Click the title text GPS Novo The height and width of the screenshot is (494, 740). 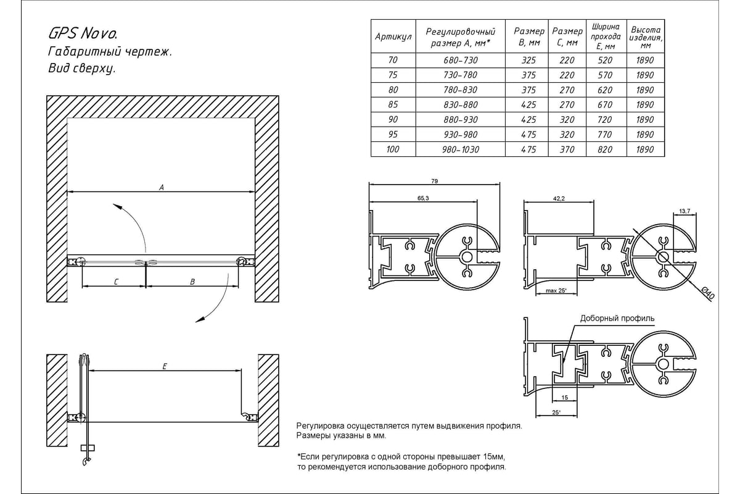[81, 32]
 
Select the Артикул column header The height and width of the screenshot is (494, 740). [393, 37]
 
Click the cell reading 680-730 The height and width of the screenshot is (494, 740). [461, 61]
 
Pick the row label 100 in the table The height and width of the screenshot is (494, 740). [393, 149]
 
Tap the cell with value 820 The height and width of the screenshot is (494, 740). [605, 149]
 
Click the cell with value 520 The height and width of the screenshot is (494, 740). [605, 61]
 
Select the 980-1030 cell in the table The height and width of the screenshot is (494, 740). [461, 149]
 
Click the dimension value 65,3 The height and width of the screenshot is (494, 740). [423, 198]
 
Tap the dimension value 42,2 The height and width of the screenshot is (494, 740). [559, 198]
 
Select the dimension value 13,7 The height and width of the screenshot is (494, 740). [684, 211]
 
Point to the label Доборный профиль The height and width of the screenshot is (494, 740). [617, 319]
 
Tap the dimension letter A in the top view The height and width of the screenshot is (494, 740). [161, 187]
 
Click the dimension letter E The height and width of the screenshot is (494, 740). [165, 366]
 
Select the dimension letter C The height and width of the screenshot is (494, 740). [116, 282]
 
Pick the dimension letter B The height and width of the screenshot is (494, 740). [192, 282]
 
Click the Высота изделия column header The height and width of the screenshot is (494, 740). [645, 37]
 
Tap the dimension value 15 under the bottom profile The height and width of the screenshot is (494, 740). [564, 398]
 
